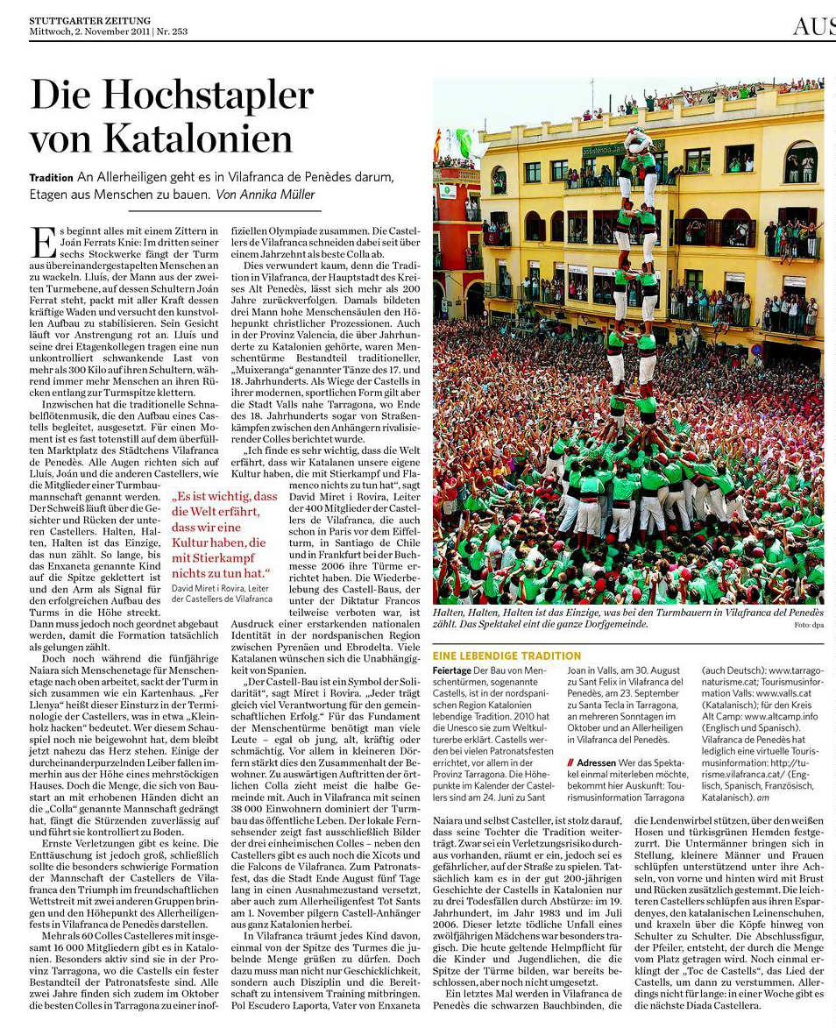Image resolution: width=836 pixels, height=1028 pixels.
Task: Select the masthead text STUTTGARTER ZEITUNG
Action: pos(89,20)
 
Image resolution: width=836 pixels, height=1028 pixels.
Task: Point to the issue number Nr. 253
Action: pos(172,32)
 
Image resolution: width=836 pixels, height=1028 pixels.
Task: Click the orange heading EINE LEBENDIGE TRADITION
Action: pos(507,656)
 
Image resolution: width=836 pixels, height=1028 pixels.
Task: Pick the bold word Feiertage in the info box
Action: pos(451,670)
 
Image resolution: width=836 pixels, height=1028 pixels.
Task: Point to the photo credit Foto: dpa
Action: pos(808,625)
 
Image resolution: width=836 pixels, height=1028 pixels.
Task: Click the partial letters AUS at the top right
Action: pos(813,26)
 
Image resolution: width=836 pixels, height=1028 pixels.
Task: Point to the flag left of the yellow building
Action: pos(438,145)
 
